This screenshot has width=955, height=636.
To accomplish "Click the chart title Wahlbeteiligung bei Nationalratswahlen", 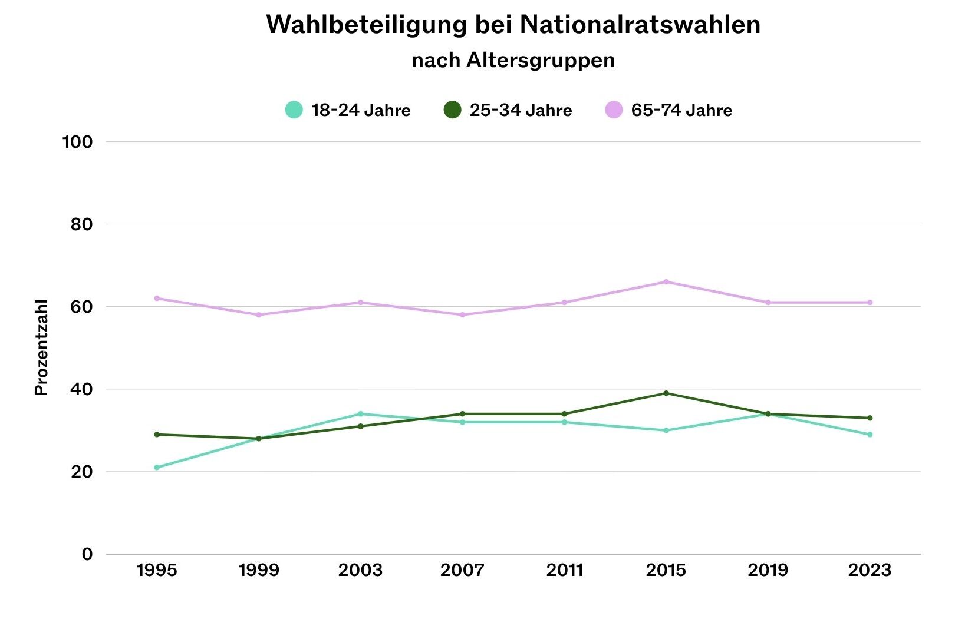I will (513, 25).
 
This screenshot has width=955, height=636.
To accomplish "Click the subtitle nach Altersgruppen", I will (513, 60).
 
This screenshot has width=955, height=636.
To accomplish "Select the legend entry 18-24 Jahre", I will (348, 110).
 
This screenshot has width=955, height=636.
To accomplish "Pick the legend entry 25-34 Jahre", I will (508, 110).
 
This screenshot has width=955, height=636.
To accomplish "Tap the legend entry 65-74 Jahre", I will (668, 110).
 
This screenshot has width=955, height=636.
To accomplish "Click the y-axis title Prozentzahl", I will (41, 347).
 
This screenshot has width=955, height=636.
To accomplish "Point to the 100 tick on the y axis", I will (78, 142).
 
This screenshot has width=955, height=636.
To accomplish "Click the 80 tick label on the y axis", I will (81, 224).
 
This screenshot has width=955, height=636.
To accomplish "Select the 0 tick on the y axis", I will (87, 554).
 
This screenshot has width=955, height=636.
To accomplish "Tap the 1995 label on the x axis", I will (157, 570).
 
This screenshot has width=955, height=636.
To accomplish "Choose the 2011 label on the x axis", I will (564, 570).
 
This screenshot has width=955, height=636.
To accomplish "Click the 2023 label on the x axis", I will (870, 570).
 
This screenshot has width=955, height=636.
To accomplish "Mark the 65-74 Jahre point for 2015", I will (666, 282).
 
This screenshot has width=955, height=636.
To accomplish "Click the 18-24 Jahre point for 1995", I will (157, 468).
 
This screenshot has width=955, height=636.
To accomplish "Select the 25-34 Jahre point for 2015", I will (666, 393).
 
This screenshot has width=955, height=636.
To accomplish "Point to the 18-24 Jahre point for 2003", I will (360, 414).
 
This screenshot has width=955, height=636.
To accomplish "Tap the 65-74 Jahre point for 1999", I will (259, 315).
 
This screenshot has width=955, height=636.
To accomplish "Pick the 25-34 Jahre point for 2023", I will (870, 418).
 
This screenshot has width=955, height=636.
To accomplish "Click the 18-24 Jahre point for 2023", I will (870, 435).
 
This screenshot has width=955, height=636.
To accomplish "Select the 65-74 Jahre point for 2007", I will (462, 315).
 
